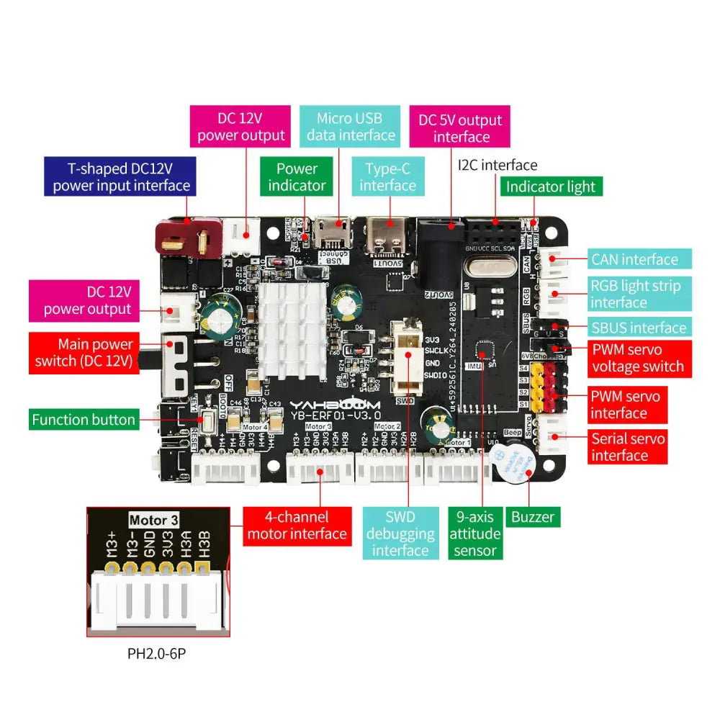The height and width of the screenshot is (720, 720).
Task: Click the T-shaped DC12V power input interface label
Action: click(120, 177)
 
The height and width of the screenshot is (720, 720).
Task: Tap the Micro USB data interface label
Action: click(350, 127)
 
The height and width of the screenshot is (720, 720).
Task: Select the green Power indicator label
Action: click(297, 177)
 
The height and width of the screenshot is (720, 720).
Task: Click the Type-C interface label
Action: click(387, 177)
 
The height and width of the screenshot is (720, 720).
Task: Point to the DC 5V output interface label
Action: click(460, 128)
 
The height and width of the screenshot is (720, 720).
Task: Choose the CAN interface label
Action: click(634, 259)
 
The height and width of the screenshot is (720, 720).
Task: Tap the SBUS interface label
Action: click(638, 328)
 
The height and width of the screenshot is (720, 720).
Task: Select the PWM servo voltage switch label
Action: click(637, 358)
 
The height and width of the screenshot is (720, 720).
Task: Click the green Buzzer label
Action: click(533, 516)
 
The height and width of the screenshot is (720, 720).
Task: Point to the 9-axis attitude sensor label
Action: click(475, 534)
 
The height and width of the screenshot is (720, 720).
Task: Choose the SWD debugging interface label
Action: click(400, 534)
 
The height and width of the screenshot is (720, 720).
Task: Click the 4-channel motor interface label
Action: click(297, 525)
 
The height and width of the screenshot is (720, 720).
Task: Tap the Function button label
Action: click(84, 419)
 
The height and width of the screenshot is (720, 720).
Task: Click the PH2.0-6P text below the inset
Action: click(156, 654)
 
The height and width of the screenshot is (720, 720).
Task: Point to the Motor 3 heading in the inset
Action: click(153, 520)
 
